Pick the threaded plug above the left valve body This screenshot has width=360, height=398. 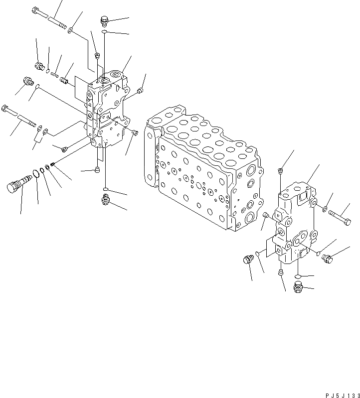tap(104, 20)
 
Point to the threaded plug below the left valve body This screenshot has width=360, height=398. tap(105, 200)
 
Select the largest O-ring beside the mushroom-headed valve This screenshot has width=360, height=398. tap(34, 175)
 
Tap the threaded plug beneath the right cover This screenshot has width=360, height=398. tap(298, 287)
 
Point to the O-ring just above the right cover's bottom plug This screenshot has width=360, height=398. tap(297, 276)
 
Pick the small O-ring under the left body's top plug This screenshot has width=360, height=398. tap(104, 32)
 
